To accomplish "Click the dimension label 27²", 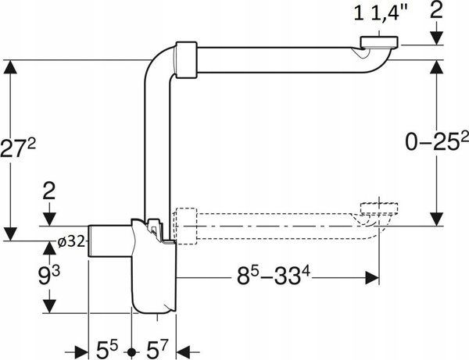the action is pos(18,148).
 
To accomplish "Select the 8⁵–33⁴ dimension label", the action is pos(274,276).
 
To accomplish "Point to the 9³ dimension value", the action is pos(49,275).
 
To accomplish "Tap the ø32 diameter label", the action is pos(72,241).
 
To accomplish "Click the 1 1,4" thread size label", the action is pos(381,12).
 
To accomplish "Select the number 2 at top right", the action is pos(436,10).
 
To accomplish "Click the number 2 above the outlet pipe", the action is pos(49,191).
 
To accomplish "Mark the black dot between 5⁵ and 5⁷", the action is pos(131,352).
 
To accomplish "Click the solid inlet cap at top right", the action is pos(379,42).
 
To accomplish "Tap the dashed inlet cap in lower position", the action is pos(379,209).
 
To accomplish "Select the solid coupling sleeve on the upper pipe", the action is pos(186,60).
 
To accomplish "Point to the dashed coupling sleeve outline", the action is pos(186,226).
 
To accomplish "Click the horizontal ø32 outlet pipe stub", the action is pos(109,241).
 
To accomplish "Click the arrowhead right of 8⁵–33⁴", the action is pos(372,278).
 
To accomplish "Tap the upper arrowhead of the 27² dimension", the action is pos(10,67).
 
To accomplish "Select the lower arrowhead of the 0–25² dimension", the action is pos(436,219).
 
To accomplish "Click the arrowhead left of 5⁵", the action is pos(81,352).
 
